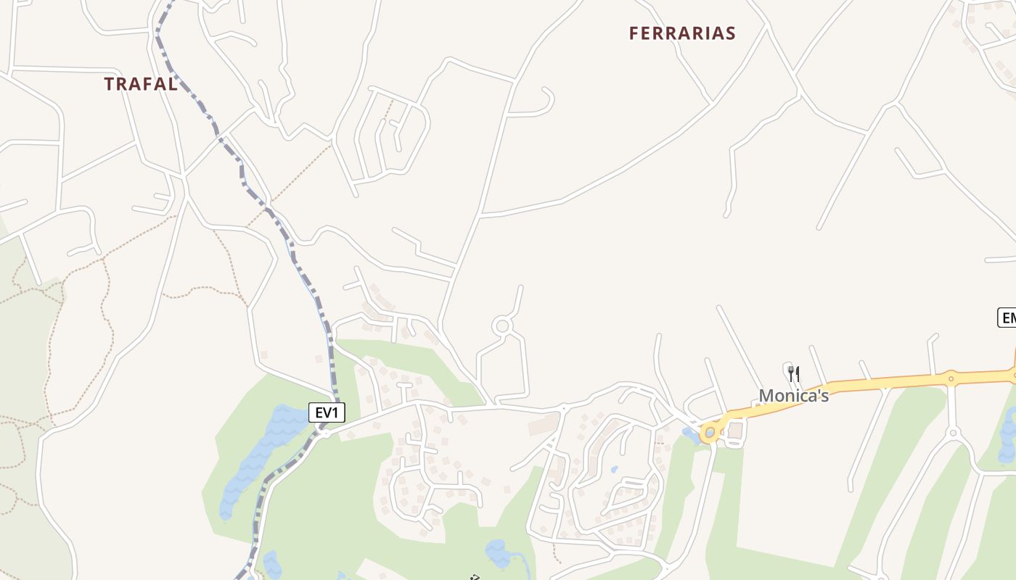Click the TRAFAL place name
tap(141, 84)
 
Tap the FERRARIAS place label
tap(682, 33)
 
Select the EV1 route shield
tap(327, 413)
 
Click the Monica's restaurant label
tap(794, 395)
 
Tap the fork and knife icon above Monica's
tap(794, 374)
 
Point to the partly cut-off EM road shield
tap(1007, 317)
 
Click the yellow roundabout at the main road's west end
tap(710, 433)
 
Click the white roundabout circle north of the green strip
tap(501, 326)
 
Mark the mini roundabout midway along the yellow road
tap(951, 378)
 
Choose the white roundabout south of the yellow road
tap(954, 433)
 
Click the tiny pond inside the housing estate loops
tap(614, 469)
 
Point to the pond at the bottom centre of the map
tap(499, 554)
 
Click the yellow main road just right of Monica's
tap(871, 382)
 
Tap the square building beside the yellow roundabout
tap(736, 431)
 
